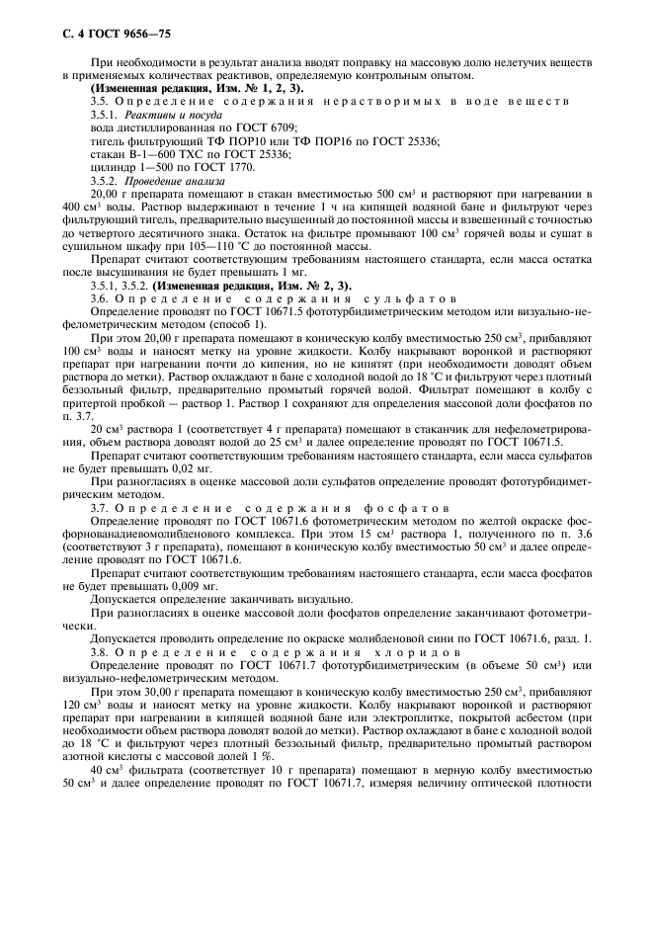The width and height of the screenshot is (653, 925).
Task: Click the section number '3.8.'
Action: click(102, 653)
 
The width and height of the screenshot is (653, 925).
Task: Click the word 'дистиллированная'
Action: click(151, 128)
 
